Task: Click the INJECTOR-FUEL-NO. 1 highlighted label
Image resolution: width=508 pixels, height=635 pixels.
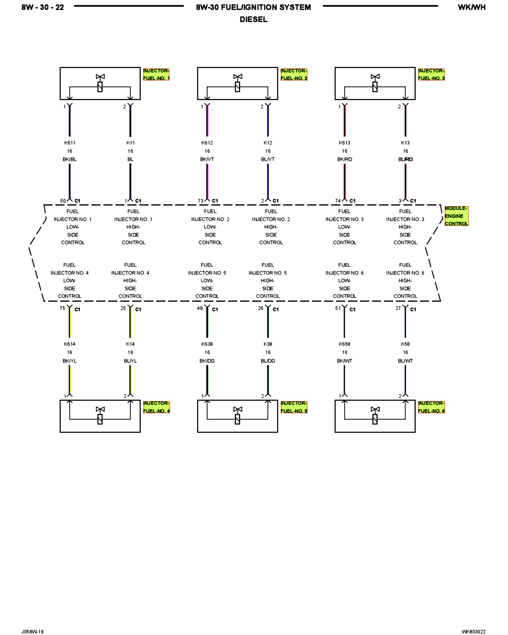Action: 156,75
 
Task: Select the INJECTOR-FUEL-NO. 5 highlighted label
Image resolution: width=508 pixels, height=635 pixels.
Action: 294,407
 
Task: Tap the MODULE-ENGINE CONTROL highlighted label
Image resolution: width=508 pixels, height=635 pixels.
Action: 456,216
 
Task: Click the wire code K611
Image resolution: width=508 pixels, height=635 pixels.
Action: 70,143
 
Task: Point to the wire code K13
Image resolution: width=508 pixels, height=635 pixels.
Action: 405,143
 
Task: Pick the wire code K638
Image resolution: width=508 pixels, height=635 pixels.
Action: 207,344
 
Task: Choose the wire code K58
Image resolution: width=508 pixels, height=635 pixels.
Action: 405,344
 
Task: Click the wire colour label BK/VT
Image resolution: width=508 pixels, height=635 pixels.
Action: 207,159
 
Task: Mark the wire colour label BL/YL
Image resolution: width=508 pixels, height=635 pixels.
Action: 130,361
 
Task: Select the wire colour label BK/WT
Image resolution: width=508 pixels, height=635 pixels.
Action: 344,361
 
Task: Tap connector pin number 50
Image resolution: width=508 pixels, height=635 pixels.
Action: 63,201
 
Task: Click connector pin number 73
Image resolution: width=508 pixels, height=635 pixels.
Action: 200,201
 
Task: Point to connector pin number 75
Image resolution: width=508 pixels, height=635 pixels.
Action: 62,308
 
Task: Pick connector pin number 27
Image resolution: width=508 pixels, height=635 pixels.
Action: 398,308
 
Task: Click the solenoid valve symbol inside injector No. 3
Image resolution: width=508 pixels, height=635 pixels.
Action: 375,83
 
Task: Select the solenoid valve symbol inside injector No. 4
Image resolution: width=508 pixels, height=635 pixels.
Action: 100,416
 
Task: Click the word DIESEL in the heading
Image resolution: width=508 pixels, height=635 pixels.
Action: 253,19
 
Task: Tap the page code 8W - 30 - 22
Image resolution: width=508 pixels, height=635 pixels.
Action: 43,7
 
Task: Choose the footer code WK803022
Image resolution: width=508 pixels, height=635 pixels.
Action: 473,632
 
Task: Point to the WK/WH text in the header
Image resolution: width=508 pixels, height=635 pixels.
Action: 471,7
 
